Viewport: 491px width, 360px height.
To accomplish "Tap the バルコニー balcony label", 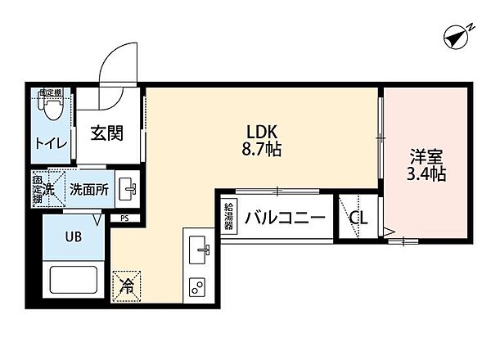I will pos(285,217).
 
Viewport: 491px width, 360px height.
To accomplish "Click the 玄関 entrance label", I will pos(108,133).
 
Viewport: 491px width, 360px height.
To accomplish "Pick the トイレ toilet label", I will pos(49,143).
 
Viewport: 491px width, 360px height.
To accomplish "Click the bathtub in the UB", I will pos(74,279).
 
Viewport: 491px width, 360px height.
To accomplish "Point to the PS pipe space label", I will pos(124,218).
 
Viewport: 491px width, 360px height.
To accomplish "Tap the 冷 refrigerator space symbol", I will pos(128,287).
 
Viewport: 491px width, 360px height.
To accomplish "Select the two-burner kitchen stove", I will pos(198,287).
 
